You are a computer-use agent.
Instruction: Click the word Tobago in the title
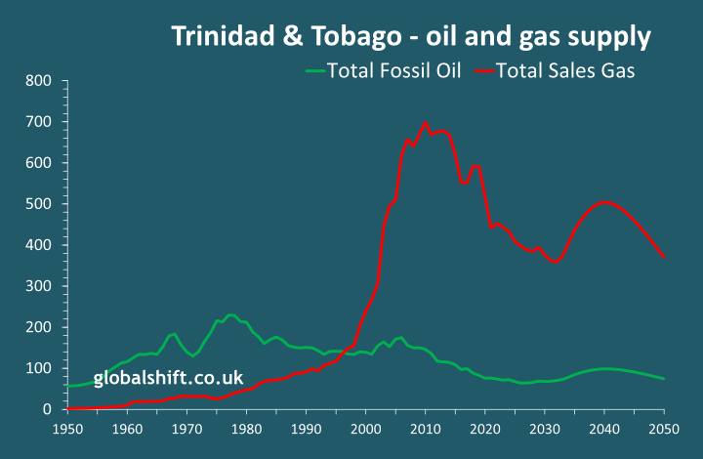[349, 37]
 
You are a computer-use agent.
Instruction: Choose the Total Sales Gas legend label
[565, 70]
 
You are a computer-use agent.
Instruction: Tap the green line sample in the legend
[314, 70]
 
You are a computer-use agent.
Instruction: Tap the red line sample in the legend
[484, 70]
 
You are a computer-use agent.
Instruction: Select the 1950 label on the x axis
[67, 429]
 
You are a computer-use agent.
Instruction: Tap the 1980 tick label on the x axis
[246, 429]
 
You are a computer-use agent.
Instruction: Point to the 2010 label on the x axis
[425, 429]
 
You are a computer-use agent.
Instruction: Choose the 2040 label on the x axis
[604, 429]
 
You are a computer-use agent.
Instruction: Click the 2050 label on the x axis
[664, 429]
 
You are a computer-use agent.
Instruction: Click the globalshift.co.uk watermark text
[168, 378]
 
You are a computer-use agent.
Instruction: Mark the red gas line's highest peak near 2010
[425, 123]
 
